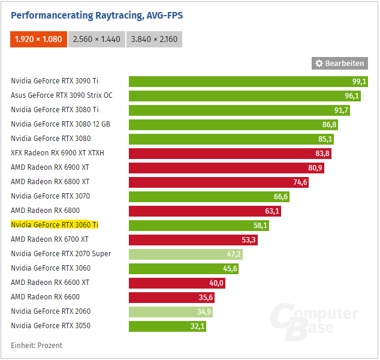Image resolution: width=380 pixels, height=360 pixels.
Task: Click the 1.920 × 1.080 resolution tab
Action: [x=38, y=39]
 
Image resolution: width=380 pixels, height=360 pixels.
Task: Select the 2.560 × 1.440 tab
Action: [x=96, y=39]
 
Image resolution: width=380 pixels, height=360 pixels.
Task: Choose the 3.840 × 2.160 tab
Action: [x=154, y=39]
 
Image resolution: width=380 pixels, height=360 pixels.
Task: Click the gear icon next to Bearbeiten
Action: [x=319, y=63]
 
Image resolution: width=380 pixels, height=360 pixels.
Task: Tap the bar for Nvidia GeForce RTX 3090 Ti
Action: [x=240, y=81]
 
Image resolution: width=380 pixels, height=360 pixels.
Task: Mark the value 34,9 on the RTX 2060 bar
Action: [x=204, y=311]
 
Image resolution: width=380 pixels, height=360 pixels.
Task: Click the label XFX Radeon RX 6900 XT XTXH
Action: [x=58, y=153]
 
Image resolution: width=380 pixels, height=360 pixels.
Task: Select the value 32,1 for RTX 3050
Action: [x=197, y=326]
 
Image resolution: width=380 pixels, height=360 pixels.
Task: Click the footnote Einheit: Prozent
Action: [x=37, y=345]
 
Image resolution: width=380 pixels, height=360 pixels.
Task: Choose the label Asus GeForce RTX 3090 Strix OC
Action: [x=62, y=95]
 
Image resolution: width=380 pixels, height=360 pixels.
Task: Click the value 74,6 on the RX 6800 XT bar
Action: [x=300, y=182]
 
